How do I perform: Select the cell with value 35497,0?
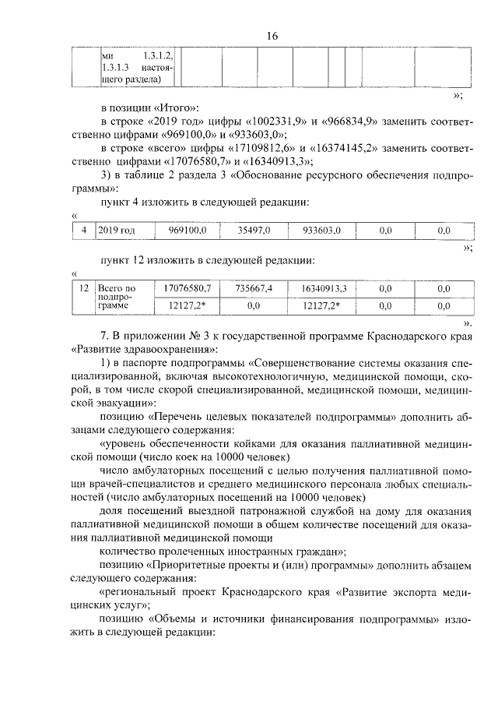coord(254,231)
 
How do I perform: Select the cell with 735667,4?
coord(254,289)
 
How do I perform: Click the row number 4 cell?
coord(83,231)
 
